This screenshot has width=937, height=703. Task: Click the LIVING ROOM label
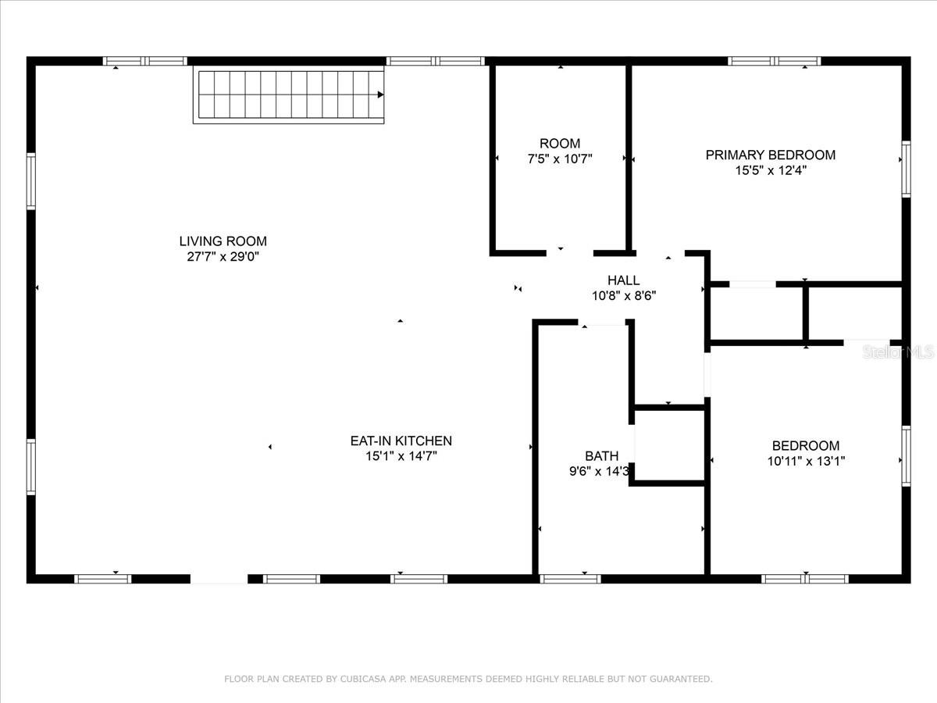223,241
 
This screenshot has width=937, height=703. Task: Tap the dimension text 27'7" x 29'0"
223,256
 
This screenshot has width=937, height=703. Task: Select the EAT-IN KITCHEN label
401,441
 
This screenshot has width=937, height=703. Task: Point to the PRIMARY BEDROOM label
771,155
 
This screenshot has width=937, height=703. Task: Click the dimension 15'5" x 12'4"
771,170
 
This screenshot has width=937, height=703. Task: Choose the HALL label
624,280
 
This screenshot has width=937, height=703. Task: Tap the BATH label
601,456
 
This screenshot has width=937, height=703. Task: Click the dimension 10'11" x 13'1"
806,461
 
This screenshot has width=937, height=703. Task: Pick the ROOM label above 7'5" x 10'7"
560,144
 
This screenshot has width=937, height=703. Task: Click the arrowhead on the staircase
380,95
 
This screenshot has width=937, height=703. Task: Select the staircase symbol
289,95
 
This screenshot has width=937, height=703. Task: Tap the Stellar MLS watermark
898,351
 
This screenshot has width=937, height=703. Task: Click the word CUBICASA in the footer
362,679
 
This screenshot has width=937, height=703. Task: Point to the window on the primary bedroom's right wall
907,169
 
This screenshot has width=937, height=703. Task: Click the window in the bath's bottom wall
570,579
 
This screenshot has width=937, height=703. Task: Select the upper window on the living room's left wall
31,181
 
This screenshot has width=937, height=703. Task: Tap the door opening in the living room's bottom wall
219,579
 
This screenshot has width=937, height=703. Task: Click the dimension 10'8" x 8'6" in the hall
624,296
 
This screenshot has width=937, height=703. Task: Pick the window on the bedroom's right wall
907,456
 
